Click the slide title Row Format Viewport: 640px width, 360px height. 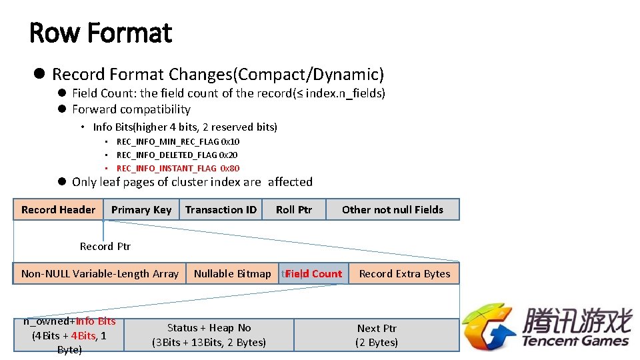click(101, 33)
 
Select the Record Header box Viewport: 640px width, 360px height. click(58, 209)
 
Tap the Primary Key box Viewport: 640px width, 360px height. click(141, 209)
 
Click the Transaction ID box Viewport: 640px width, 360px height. click(221, 209)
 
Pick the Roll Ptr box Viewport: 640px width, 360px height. click(294, 209)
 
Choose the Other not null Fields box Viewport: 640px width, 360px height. click(392, 209)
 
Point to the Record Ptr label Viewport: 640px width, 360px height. click(105, 247)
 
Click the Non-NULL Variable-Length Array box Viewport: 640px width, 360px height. click(99, 273)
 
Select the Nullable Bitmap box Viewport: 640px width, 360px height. click(232, 273)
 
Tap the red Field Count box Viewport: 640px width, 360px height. click(313, 273)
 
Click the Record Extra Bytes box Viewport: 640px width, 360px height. click(405, 273)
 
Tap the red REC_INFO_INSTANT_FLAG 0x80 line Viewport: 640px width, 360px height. click(178, 169)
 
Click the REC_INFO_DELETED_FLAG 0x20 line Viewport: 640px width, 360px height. click(177, 155)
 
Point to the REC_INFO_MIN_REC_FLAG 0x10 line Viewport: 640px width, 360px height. click(178, 141)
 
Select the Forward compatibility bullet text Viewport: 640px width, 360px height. click(131, 109)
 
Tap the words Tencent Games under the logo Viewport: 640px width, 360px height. click(575, 341)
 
